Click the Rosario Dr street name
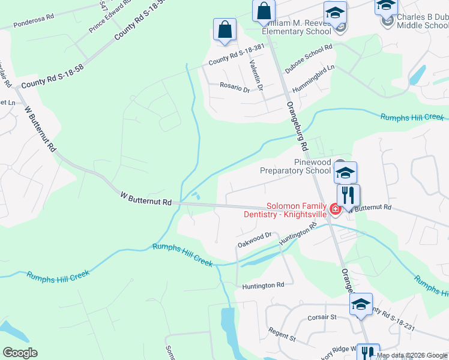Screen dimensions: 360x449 pos(235,89)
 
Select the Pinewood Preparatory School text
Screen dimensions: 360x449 pos(295,166)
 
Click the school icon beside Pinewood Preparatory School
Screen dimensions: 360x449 pos(345,173)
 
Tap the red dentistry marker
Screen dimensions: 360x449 pos(335,209)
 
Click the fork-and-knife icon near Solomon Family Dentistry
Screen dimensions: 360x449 pos(348,195)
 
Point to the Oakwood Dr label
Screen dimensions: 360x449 pos(255,241)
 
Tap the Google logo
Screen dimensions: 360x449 pos(20,353)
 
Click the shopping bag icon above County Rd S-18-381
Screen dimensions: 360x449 pos(224,29)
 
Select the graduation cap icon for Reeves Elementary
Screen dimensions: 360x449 pos(335,13)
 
